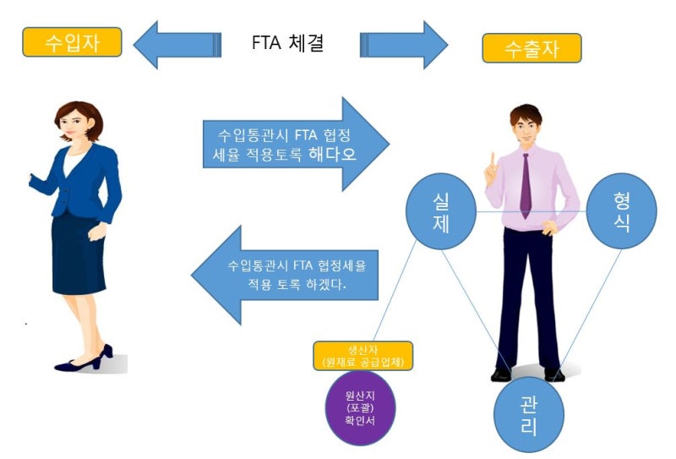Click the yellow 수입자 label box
[72, 42]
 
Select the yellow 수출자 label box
[532, 48]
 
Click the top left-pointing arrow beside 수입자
[177, 43]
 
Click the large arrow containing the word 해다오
[296, 144]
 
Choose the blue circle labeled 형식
[623, 210]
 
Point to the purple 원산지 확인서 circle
[359, 410]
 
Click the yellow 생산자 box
[363, 356]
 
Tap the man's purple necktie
[526, 186]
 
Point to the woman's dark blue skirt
[78, 254]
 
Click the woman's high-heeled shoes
[84, 359]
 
